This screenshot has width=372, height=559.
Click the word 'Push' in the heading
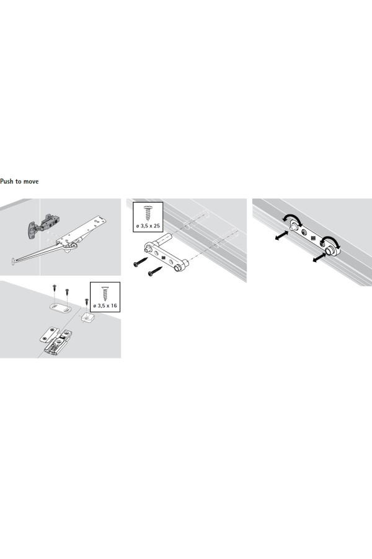click(6, 181)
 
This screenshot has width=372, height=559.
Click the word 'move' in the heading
click(31, 181)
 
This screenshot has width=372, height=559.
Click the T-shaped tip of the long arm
click(13, 261)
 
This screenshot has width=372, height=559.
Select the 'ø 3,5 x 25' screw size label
click(148, 225)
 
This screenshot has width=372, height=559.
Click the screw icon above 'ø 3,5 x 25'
click(148, 213)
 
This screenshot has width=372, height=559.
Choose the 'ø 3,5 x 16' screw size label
click(105, 306)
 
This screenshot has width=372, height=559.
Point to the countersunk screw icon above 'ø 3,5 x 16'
click(105, 294)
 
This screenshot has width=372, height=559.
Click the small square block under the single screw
click(87, 316)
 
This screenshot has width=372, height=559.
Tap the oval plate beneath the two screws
click(59, 307)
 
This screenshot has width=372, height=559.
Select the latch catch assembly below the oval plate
click(56, 340)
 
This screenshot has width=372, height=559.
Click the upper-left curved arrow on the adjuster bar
click(293, 220)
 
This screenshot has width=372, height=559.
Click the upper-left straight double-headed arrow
click(281, 235)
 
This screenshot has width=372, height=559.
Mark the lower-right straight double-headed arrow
click(319, 258)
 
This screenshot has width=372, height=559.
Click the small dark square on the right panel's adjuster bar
click(313, 239)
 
